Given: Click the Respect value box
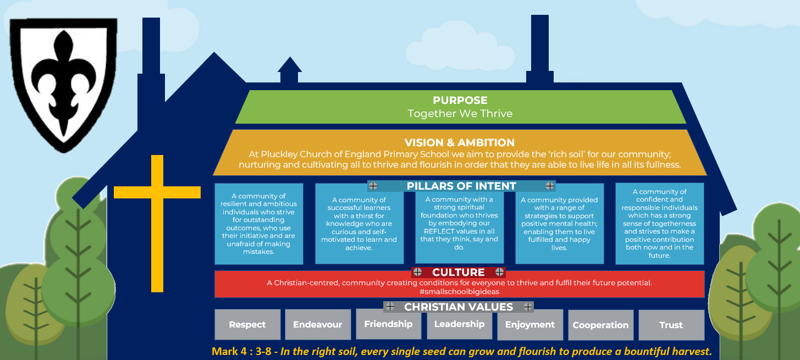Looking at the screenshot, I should click(247, 325).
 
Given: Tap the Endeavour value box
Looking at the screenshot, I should click(317, 325).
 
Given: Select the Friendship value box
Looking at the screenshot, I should click(388, 324).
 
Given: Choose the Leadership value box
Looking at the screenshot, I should click(459, 324).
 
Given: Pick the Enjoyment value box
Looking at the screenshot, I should click(530, 325).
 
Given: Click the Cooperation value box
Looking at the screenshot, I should click(600, 325).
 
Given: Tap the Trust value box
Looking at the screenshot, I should click(671, 325).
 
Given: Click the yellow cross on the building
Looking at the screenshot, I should click(157, 220).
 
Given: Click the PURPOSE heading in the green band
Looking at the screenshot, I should click(460, 101).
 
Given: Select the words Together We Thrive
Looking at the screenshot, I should click(460, 114).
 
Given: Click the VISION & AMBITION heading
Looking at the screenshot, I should click(460, 143).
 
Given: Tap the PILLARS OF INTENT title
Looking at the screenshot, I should click(461, 186).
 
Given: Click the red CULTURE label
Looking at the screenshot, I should click(458, 272).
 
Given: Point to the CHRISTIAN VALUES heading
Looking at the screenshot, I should click(459, 307).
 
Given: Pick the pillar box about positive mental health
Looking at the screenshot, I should click(559, 224).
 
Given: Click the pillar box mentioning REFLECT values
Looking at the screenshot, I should click(459, 224).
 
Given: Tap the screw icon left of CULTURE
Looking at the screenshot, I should click(418, 272).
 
